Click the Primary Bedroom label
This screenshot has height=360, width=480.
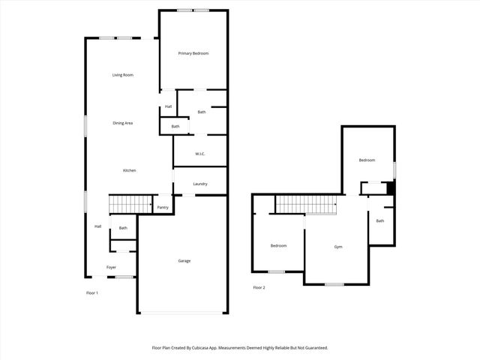[193, 53]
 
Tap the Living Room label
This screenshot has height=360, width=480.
[122, 75]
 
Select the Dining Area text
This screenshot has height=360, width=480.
[122, 123]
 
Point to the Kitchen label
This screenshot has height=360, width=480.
[129, 171]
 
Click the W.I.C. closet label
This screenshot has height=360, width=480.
[200, 154]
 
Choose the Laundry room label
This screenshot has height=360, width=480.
[200, 184]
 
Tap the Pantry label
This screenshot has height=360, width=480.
[162, 207]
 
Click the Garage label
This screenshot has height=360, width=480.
[184, 261]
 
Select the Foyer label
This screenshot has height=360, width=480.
[111, 267]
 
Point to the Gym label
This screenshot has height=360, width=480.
[338, 246]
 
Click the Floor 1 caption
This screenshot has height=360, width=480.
[92, 292]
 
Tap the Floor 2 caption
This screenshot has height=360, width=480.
[259, 288]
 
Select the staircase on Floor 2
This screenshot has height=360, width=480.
[304, 203]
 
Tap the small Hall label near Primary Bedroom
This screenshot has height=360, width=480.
[169, 106]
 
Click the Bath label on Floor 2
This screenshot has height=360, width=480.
[380, 220]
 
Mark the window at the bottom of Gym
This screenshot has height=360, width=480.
[334, 283]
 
